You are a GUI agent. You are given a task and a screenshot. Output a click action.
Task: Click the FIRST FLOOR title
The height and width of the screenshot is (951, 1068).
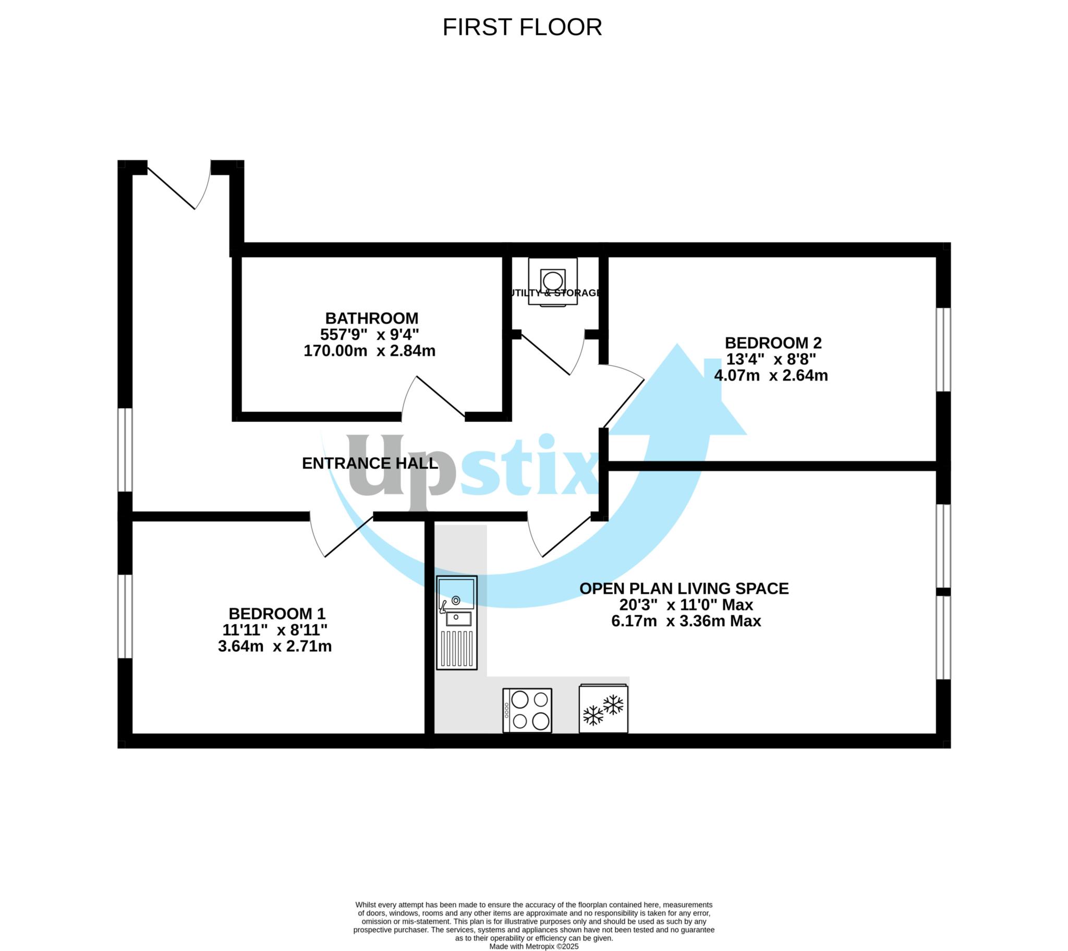coord(522,27)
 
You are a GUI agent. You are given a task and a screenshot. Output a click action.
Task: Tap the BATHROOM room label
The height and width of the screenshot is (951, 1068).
coord(371,318)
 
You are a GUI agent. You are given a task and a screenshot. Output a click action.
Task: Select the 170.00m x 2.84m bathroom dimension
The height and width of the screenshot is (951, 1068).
coord(369,350)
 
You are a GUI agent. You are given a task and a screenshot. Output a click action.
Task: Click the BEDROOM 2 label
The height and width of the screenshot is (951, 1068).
coord(773,343)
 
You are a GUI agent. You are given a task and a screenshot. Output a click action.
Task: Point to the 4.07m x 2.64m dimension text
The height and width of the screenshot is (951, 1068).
coord(771,375)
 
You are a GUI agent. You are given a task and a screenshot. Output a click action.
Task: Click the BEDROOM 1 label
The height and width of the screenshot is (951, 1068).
coord(277,613)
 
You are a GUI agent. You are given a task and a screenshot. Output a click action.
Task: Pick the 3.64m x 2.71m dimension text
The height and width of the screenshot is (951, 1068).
coord(275,646)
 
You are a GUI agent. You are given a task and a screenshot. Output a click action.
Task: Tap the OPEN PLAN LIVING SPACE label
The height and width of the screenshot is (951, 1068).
coord(684,588)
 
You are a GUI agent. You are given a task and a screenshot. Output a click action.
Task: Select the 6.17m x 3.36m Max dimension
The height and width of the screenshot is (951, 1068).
coord(686,621)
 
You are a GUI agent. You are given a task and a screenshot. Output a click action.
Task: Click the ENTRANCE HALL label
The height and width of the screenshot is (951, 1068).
coord(370,463)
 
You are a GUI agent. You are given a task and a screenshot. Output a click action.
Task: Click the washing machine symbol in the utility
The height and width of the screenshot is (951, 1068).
coord(553,281)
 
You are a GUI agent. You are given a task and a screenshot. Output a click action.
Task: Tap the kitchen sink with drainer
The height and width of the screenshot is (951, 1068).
coord(457,623)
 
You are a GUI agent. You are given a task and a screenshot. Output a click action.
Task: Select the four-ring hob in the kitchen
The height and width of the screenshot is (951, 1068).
coord(527,710)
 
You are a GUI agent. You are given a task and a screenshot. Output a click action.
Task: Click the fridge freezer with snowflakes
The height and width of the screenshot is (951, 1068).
coord(603,708)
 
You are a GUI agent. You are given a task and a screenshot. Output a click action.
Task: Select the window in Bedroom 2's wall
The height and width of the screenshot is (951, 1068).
coord(943,349)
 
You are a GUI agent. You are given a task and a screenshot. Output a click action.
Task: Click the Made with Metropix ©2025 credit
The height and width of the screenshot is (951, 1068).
coord(533,946)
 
